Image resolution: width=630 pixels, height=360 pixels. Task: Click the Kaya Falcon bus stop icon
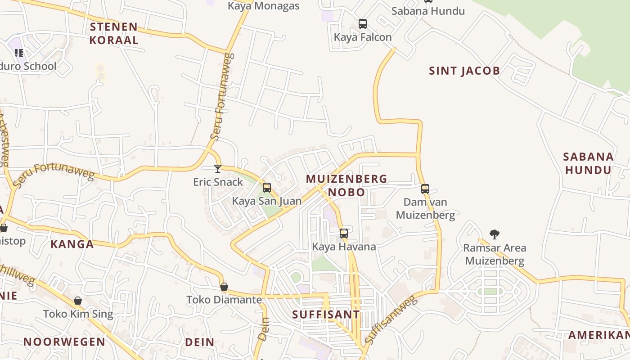click(x=363, y=24)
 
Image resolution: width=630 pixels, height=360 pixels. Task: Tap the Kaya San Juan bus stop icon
click(x=267, y=188)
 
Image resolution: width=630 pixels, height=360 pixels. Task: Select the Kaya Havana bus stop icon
click(x=344, y=233)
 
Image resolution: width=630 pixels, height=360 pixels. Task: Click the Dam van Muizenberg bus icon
click(x=425, y=189)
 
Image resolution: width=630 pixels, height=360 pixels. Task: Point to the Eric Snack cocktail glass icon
click(x=218, y=169)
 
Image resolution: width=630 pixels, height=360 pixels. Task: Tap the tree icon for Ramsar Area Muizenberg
click(x=495, y=234)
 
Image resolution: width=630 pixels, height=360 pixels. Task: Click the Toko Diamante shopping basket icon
click(x=224, y=287)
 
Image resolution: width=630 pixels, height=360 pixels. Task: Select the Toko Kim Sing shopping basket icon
click(x=78, y=300)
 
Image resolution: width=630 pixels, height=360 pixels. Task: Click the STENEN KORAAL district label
click(x=113, y=33)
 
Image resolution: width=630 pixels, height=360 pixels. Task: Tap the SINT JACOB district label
click(x=464, y=71)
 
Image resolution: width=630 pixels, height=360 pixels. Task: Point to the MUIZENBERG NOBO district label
click(x=346, y=185)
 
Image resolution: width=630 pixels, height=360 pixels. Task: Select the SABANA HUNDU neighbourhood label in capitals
click(x=588, y=163)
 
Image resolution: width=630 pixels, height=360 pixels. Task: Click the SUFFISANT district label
click(x=326, y=315)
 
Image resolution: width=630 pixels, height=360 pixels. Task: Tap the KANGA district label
click(x=72, y=244)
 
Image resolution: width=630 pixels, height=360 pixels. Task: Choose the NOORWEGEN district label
click(x=64, y=342)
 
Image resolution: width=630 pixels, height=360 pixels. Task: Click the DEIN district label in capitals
click(x=200, y=342)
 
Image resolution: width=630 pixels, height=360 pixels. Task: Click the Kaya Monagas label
click(x=263, y=6)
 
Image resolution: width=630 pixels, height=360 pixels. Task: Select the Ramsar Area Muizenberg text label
click(x=495, y=254)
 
